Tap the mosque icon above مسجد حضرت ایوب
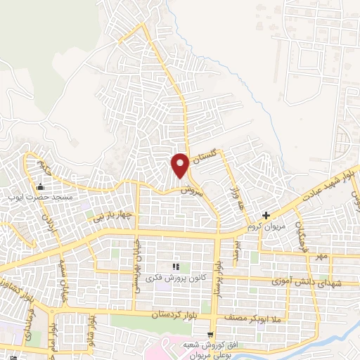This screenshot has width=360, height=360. [39, 187]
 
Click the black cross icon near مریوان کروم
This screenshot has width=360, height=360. [266, 215]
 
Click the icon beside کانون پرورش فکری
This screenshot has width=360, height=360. [176, 266]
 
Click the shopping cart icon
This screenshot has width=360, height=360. [210, 334]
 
